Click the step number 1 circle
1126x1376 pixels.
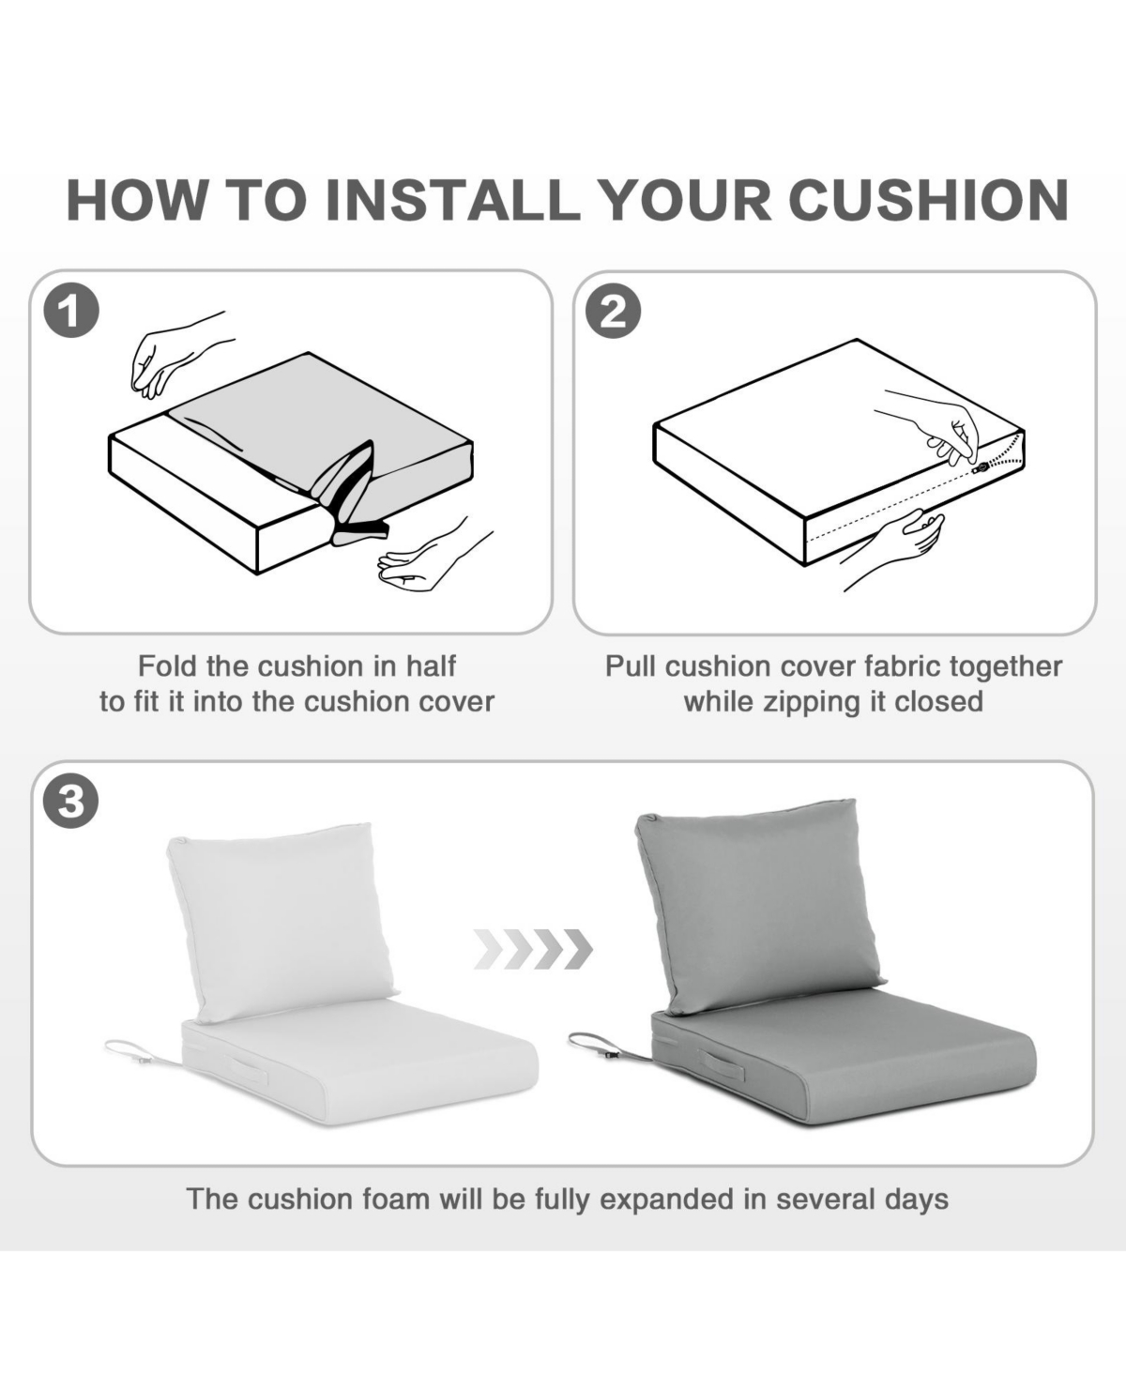pyautogui.click(x=71, y=311)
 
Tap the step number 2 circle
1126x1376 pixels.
pyautogui.click(x=614, y=311)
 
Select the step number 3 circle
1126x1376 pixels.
pyautogui.click(x=71, y=801)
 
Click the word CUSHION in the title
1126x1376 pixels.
pyautogui.click(x=928, y=200)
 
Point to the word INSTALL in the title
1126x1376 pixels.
pyautogui.click(x=452, y=200)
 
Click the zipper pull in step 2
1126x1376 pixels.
pyautogui.click(x=980, y=467)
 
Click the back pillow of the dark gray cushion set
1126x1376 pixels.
pyautogui.click(x=760, y=906)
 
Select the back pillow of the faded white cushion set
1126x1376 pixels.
pyautogui.click(x=281, y=922)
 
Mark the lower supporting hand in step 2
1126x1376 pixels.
pyautogui.click(x=897, y=548)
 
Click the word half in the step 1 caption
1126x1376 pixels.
pyautogui.click(x=431, y=666)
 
